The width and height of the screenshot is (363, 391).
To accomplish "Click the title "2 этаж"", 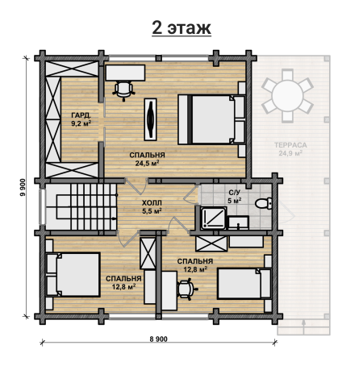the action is [181, 27].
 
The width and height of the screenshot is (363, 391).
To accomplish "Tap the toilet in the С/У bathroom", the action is [264, 203].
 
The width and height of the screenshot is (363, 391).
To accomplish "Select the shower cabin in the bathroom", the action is [213, 218].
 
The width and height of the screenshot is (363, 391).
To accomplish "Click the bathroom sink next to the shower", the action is [238, 223].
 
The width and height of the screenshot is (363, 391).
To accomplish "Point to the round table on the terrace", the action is [287, 95].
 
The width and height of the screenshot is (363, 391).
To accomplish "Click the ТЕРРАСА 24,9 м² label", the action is [290, 149].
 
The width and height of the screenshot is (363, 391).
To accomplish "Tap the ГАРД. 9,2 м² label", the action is [81, 119].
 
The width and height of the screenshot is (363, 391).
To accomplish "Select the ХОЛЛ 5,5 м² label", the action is [152, 206].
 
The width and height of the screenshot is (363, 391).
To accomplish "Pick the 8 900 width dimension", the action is [158, 339].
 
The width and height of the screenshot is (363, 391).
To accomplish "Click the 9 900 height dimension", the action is [23, 187].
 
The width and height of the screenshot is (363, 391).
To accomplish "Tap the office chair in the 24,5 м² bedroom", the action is [123, 90].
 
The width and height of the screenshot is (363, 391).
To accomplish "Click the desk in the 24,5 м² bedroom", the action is [125, 73].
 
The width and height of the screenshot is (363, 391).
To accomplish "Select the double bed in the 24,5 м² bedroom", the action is [211, 119].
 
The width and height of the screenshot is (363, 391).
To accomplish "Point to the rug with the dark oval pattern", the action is [150, 119].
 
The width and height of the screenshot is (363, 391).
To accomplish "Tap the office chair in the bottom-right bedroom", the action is [186, 289].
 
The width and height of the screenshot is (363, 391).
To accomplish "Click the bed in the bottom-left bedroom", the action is [73, 274].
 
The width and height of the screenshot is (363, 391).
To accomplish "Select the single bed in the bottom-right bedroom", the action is [244, 284].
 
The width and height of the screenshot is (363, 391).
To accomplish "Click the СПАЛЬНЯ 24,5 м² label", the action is [147, 159].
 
